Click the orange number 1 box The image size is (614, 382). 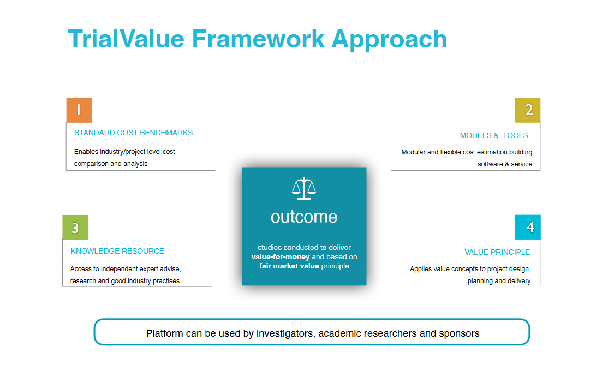79,110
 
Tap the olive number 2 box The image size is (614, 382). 528,110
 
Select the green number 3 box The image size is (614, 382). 75,228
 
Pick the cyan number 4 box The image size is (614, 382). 528,227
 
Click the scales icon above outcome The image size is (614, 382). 304,188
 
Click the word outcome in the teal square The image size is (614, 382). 304,217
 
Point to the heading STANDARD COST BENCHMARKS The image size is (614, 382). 133,133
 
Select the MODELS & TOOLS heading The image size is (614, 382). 494,135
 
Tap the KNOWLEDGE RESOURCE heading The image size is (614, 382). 117,251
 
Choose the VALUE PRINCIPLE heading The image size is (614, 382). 497,252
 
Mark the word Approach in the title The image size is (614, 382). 389,39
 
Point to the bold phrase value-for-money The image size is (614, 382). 281,256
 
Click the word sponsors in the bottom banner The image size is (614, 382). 459,333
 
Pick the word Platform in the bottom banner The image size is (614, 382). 164,333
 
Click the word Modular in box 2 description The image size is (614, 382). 413,152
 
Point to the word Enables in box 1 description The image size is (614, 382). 86,151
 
